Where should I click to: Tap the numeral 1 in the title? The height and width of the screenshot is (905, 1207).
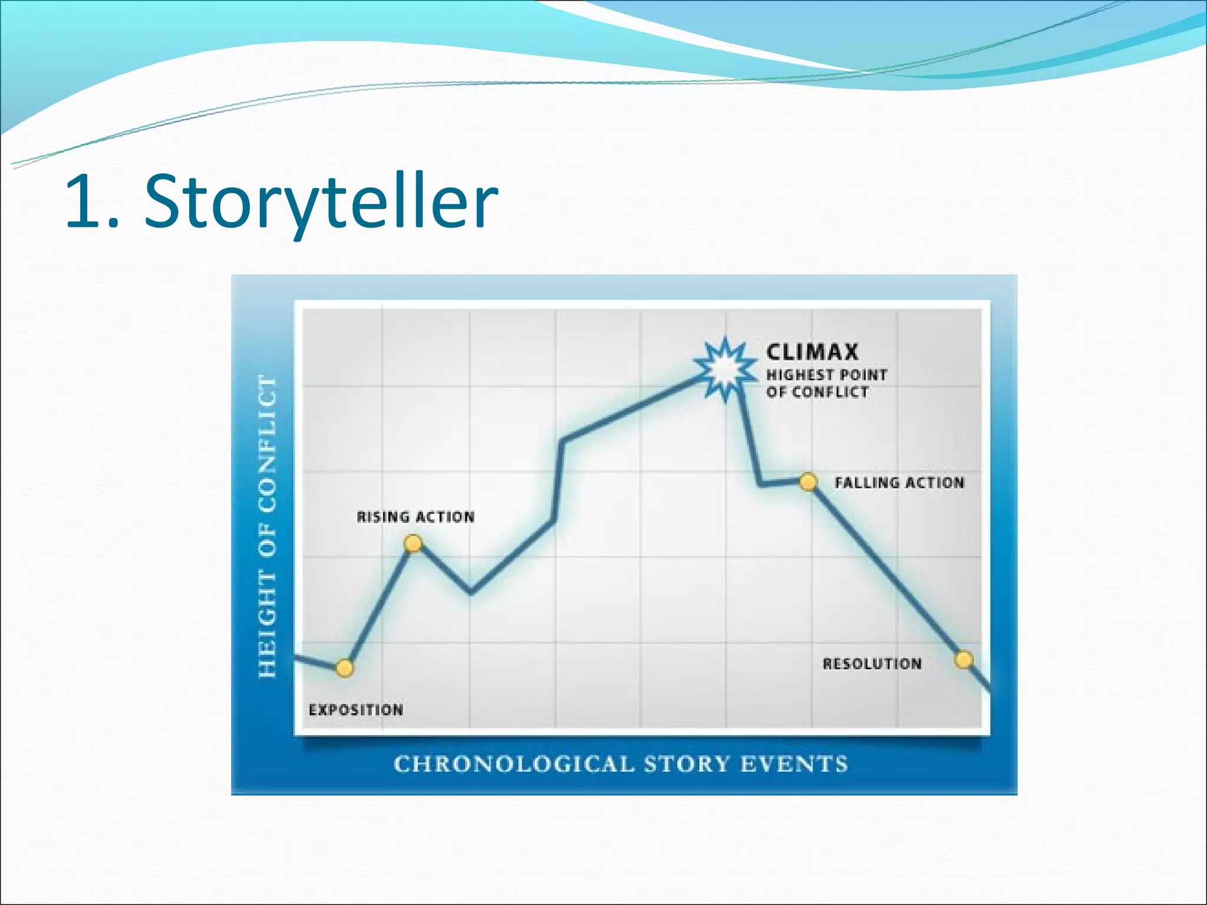click(x=83, y=202)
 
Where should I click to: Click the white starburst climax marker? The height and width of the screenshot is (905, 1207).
click(x=725, y=369)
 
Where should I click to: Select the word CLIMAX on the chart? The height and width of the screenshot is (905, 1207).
click(x=812, y=352)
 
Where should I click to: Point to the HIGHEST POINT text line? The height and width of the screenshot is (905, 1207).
click(x=826, y=375)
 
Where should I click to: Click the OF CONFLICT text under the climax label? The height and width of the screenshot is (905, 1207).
click(x=817, y=392)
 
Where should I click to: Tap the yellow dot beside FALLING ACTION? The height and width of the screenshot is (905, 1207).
click(x=808, y=483)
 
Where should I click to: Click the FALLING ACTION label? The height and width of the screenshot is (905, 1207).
click(x=899, y=483)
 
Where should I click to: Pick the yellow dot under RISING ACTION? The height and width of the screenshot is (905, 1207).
click(x=413, y=543)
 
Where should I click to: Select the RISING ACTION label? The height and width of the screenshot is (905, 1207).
click(x=415, y=517)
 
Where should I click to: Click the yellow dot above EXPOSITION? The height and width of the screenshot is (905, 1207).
click(x=345, y=668)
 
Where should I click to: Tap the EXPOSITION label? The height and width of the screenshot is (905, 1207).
click(x=356, y=710)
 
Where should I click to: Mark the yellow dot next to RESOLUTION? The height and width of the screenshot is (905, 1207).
click(x=964, y=659)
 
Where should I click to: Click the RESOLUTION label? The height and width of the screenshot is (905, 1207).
click(x=872, y=664)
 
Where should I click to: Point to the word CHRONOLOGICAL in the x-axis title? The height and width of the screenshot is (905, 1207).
click(x=514, y=764)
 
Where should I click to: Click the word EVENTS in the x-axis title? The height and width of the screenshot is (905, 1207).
click(x=794, y=764)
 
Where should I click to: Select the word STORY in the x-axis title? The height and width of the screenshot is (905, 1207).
click(x=687, y=764)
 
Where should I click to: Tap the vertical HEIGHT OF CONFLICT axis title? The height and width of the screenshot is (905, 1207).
click(x=268, y=527)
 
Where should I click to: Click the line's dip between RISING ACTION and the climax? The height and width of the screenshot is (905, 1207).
click(x=471, y=592)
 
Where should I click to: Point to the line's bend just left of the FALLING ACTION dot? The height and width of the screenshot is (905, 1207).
click(x=761, y=485)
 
